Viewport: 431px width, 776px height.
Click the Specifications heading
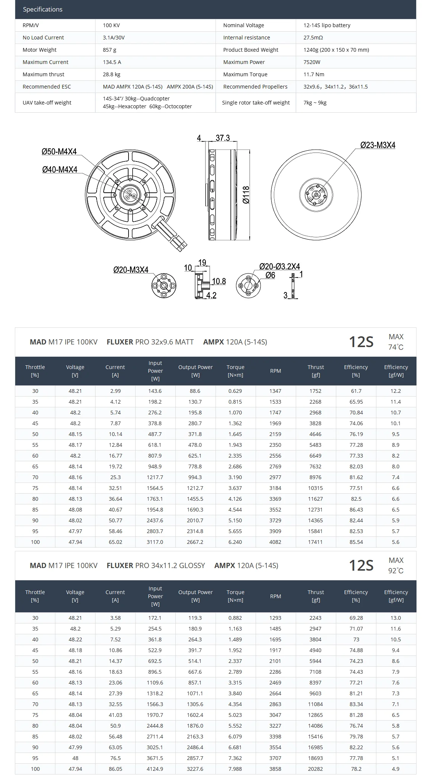pos(43,10)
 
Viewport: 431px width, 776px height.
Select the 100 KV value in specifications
pos(111,25)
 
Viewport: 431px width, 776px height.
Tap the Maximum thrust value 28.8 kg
pos(111,74)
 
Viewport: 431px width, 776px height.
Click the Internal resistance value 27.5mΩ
pos(313,38)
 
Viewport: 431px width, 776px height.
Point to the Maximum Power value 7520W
pos(312,62)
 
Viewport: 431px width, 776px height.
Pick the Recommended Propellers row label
pos(255,87)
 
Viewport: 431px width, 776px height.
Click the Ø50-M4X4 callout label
pos(59,151)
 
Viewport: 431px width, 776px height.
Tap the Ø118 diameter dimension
pos(246,195)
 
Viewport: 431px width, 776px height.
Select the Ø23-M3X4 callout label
pos(377,145)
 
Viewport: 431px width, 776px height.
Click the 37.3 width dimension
pos(223,138)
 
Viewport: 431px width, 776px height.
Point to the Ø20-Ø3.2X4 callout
pos(279,266)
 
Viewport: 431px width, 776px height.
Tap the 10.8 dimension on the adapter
pos(219,281)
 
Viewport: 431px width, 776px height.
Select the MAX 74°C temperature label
pos(396,342)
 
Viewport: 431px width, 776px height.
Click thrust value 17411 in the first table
pos(315,542)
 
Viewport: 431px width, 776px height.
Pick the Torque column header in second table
pos(235,596)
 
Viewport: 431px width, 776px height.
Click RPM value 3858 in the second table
pos(275,769)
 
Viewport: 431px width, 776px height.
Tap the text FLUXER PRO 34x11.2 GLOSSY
pos(156,565)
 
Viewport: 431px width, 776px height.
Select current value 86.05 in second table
pos(115,769)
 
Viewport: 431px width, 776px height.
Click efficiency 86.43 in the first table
pos(356,510)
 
